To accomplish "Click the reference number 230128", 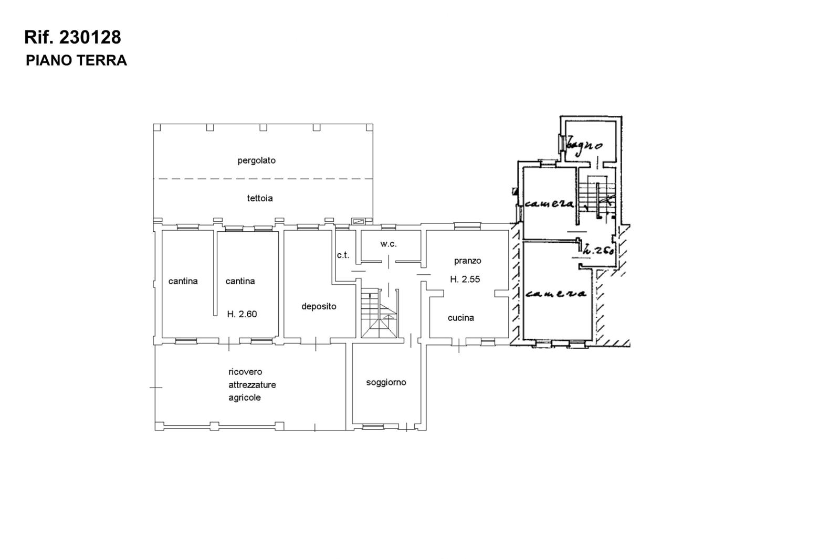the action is [90, 37].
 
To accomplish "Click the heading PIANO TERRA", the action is [76, 60].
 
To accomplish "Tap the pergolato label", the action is [257, 161].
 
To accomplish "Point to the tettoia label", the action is [260, 198].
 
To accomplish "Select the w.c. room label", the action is [388, 244].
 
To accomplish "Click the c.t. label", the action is [343, 255].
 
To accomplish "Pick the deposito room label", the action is [319, 306].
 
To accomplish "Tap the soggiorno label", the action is [386, 382].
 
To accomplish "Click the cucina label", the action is [461, 318].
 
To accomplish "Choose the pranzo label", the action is [468, 261].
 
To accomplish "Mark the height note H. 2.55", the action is [465, 279].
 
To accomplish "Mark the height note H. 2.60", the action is [242, 314].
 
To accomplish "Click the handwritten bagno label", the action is [584, 145].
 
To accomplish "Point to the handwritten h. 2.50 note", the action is [599, 250].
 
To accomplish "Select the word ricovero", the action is [245, 372].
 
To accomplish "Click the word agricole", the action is [245, 397].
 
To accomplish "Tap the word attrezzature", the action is [252, 385].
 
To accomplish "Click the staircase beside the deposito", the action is [379, 313].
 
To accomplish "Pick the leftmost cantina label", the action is [183, 281].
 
